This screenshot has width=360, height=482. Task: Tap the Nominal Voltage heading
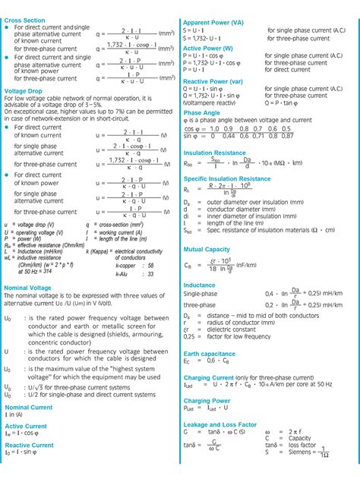coord(28,288)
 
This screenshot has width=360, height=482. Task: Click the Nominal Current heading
coord(29,407)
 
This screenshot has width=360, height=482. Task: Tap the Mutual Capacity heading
coord(207,248)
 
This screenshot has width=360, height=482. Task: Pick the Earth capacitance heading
coord(210,353)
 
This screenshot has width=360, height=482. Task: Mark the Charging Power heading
coord(207,400)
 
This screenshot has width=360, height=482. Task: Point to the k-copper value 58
coord(150,265)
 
